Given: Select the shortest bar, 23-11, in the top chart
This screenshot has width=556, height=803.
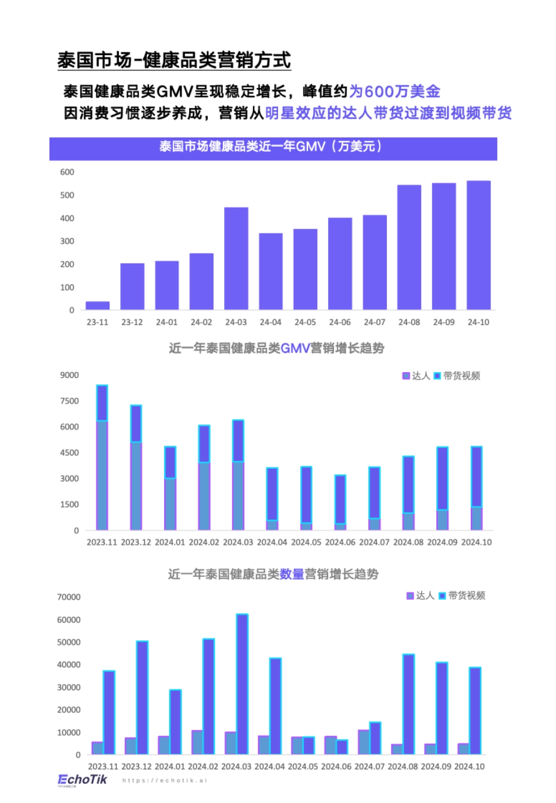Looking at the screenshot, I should click(98, 305).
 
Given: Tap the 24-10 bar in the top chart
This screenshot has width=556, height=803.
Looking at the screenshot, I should click(478, 245).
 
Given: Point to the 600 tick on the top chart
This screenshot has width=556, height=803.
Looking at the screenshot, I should click(67, 172).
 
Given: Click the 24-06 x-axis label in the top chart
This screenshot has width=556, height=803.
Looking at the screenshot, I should click(340, 322).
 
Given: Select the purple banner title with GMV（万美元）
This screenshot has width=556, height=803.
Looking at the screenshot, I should click(273, 147).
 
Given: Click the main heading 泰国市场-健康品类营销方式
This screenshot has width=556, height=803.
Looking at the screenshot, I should click(174, 61).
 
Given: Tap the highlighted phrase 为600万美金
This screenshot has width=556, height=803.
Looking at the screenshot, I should click(394, 91).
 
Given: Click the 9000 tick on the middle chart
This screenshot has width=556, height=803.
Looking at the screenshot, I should click(69, 375).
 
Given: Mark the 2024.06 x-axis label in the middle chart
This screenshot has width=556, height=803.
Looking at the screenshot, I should click(340, 542).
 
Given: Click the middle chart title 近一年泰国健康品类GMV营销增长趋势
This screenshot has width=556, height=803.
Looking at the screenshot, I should click(277, 348).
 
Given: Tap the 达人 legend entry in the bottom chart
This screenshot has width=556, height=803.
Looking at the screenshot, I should click(420, 596).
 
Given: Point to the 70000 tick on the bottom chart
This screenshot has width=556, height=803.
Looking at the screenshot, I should click(69, 597).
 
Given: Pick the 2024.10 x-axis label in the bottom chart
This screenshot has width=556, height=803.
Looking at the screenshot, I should click(469, 767).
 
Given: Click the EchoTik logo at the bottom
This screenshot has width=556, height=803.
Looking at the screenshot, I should click(82, 780).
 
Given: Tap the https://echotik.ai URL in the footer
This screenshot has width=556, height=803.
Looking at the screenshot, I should click(164, 781).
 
